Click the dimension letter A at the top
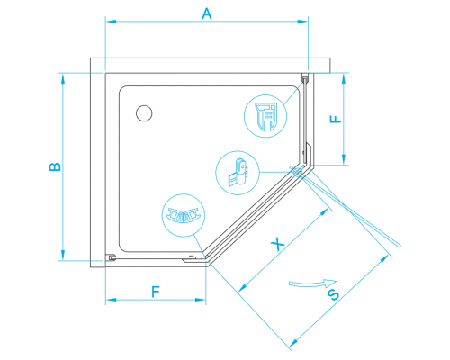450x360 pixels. point(207,13)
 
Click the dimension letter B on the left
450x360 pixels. point(55,166)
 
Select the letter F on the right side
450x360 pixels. point(336,119)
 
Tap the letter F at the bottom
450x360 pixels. point(156,292)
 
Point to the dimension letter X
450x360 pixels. point(277,244)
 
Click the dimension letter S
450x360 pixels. point(333,295)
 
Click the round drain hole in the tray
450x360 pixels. point(144,113)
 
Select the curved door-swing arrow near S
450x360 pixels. point(312,283)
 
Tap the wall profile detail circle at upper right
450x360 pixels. point(265,116)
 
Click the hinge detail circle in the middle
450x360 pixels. point(238,173)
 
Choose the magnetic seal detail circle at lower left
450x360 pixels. point(184,215)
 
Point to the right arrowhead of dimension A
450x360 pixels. point(302,22)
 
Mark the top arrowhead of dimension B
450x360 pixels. point(63,78)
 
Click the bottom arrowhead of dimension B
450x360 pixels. point(63,255)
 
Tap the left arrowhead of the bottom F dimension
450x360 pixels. point(112,300)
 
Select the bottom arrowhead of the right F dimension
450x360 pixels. point(344,159)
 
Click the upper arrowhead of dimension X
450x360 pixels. point(324,212)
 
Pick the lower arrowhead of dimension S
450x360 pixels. point(293,342)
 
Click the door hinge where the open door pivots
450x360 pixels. point(297,173)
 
